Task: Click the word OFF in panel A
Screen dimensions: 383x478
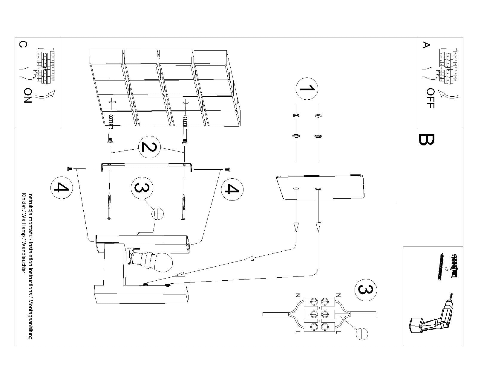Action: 430,98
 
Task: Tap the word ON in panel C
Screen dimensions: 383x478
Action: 27,95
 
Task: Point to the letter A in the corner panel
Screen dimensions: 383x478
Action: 426,45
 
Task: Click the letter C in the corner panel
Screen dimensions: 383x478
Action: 23,44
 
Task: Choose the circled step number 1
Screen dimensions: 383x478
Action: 307,89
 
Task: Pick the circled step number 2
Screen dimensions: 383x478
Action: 149,147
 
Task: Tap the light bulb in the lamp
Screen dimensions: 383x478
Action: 162,262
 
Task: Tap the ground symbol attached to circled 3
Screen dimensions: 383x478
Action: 157,214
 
